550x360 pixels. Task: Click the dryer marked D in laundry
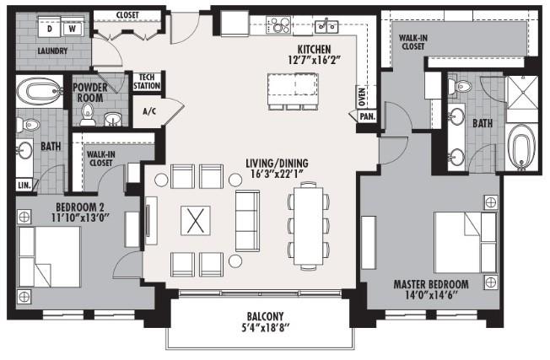point(50,29)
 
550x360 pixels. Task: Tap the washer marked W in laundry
point(72,29)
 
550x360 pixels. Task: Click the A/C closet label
point(149,110)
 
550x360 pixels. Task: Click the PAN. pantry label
point(368,116)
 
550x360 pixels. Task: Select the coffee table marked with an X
point(196,221)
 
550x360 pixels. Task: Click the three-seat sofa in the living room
point(247,221)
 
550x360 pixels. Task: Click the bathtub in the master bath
point(522,148)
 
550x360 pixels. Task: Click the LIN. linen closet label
point(24,185)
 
